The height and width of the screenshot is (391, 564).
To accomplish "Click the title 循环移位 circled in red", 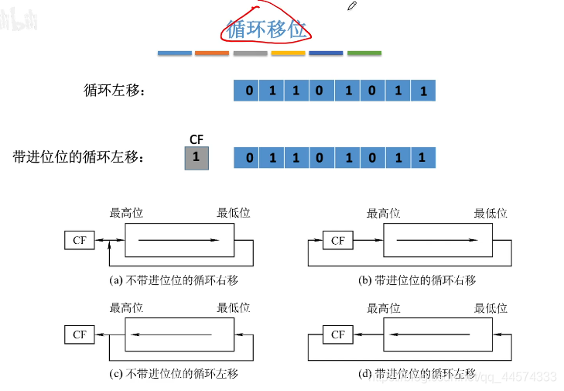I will click(266, 29).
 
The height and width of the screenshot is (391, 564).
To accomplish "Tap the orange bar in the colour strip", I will click(212, 53).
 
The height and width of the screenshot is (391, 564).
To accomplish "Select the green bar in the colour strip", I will click(364, 53).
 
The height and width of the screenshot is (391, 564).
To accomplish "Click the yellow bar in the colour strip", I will click(288, 53).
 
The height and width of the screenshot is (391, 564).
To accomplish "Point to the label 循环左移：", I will click(115, 91).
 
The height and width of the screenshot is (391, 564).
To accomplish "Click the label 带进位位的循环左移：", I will click(79, 158).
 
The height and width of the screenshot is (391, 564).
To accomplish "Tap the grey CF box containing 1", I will click(197, 158).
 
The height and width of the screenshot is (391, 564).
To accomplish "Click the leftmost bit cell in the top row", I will click(247, 91).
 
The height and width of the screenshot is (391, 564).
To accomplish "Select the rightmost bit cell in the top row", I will click(423, 91).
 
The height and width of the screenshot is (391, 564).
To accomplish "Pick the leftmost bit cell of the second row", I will click(247, 159).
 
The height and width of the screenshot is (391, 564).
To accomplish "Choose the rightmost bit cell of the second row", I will click(422, 159).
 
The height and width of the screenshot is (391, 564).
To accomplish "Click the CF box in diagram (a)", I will click(80, 241).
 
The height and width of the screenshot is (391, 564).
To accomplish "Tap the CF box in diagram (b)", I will click(337, 241).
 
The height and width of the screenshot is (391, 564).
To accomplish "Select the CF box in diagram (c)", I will click(80, 334).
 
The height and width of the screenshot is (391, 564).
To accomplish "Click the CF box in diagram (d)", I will click(337, 334).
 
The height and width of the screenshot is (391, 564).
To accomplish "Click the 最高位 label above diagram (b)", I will click(383, 214).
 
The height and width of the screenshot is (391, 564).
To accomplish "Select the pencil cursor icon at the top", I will click(352, 6).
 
